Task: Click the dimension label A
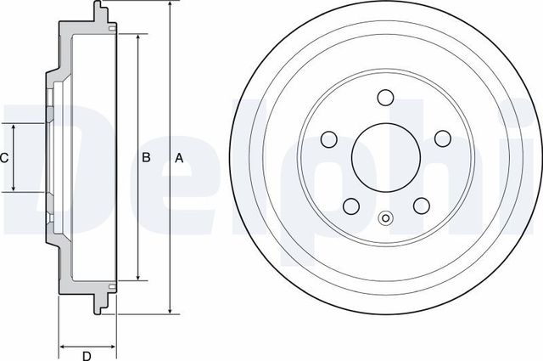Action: [178, 157]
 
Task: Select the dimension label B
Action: [145, 157]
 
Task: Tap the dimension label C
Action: [4, 157]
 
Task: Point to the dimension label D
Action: [87, 355]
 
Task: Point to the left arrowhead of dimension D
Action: [62, 346]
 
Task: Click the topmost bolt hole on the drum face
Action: [386, 98]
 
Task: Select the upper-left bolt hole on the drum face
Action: [329, 138]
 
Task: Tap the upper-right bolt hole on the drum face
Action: [442, 138]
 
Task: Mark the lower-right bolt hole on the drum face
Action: [421, 206]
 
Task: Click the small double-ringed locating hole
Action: [386, 217]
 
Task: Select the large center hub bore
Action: [386, 157]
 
